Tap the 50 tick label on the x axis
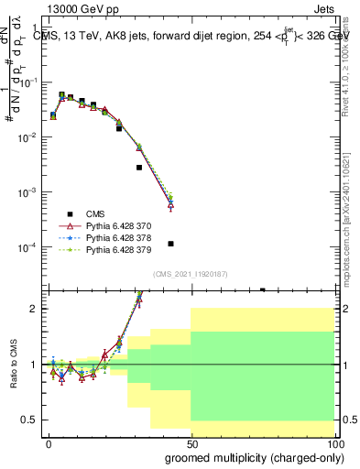click(191, 443)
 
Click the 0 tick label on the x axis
click(48, 443)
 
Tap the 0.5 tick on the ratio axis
click(29, 420)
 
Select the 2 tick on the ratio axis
click(34, 309)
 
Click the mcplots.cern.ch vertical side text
click(353, 211)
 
